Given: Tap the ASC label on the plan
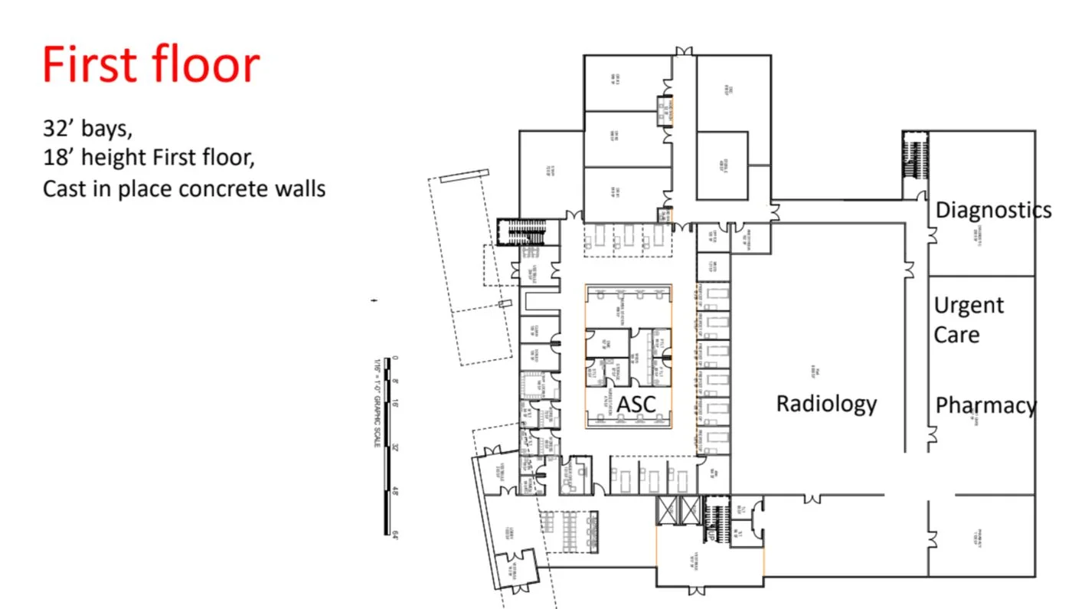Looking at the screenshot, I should point(637,404).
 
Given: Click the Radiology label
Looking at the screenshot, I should point(826,404).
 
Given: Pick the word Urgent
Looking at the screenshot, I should point(969,305).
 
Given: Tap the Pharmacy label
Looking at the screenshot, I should point(985,405).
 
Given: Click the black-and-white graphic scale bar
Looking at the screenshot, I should point(387,444).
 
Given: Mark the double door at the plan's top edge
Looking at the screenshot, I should point(684,51).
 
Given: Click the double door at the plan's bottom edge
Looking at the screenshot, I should point(695,590).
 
